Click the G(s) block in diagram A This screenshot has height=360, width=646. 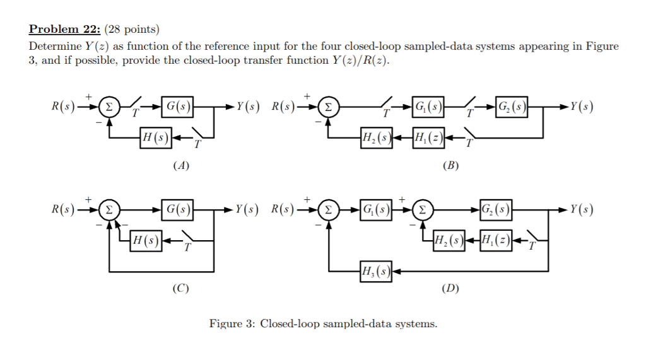click(177, 105)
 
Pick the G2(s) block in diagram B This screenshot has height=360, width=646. click(512, 105)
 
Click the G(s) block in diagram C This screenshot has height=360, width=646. click(177, 209)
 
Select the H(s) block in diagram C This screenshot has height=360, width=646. click(146, 240)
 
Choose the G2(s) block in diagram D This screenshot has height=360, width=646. click(496, 209)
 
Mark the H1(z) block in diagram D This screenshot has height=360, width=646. click(496, 240)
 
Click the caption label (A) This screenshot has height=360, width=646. click(181, 166)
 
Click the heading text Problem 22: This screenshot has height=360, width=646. click(65, 29)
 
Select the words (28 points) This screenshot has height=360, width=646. click(132, 29)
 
